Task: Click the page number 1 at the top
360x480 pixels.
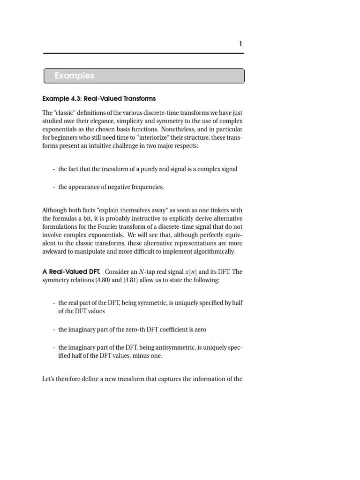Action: pos(240,44)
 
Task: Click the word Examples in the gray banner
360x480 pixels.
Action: pos(74,75)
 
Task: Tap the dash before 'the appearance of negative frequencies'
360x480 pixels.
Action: pos(54,187)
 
